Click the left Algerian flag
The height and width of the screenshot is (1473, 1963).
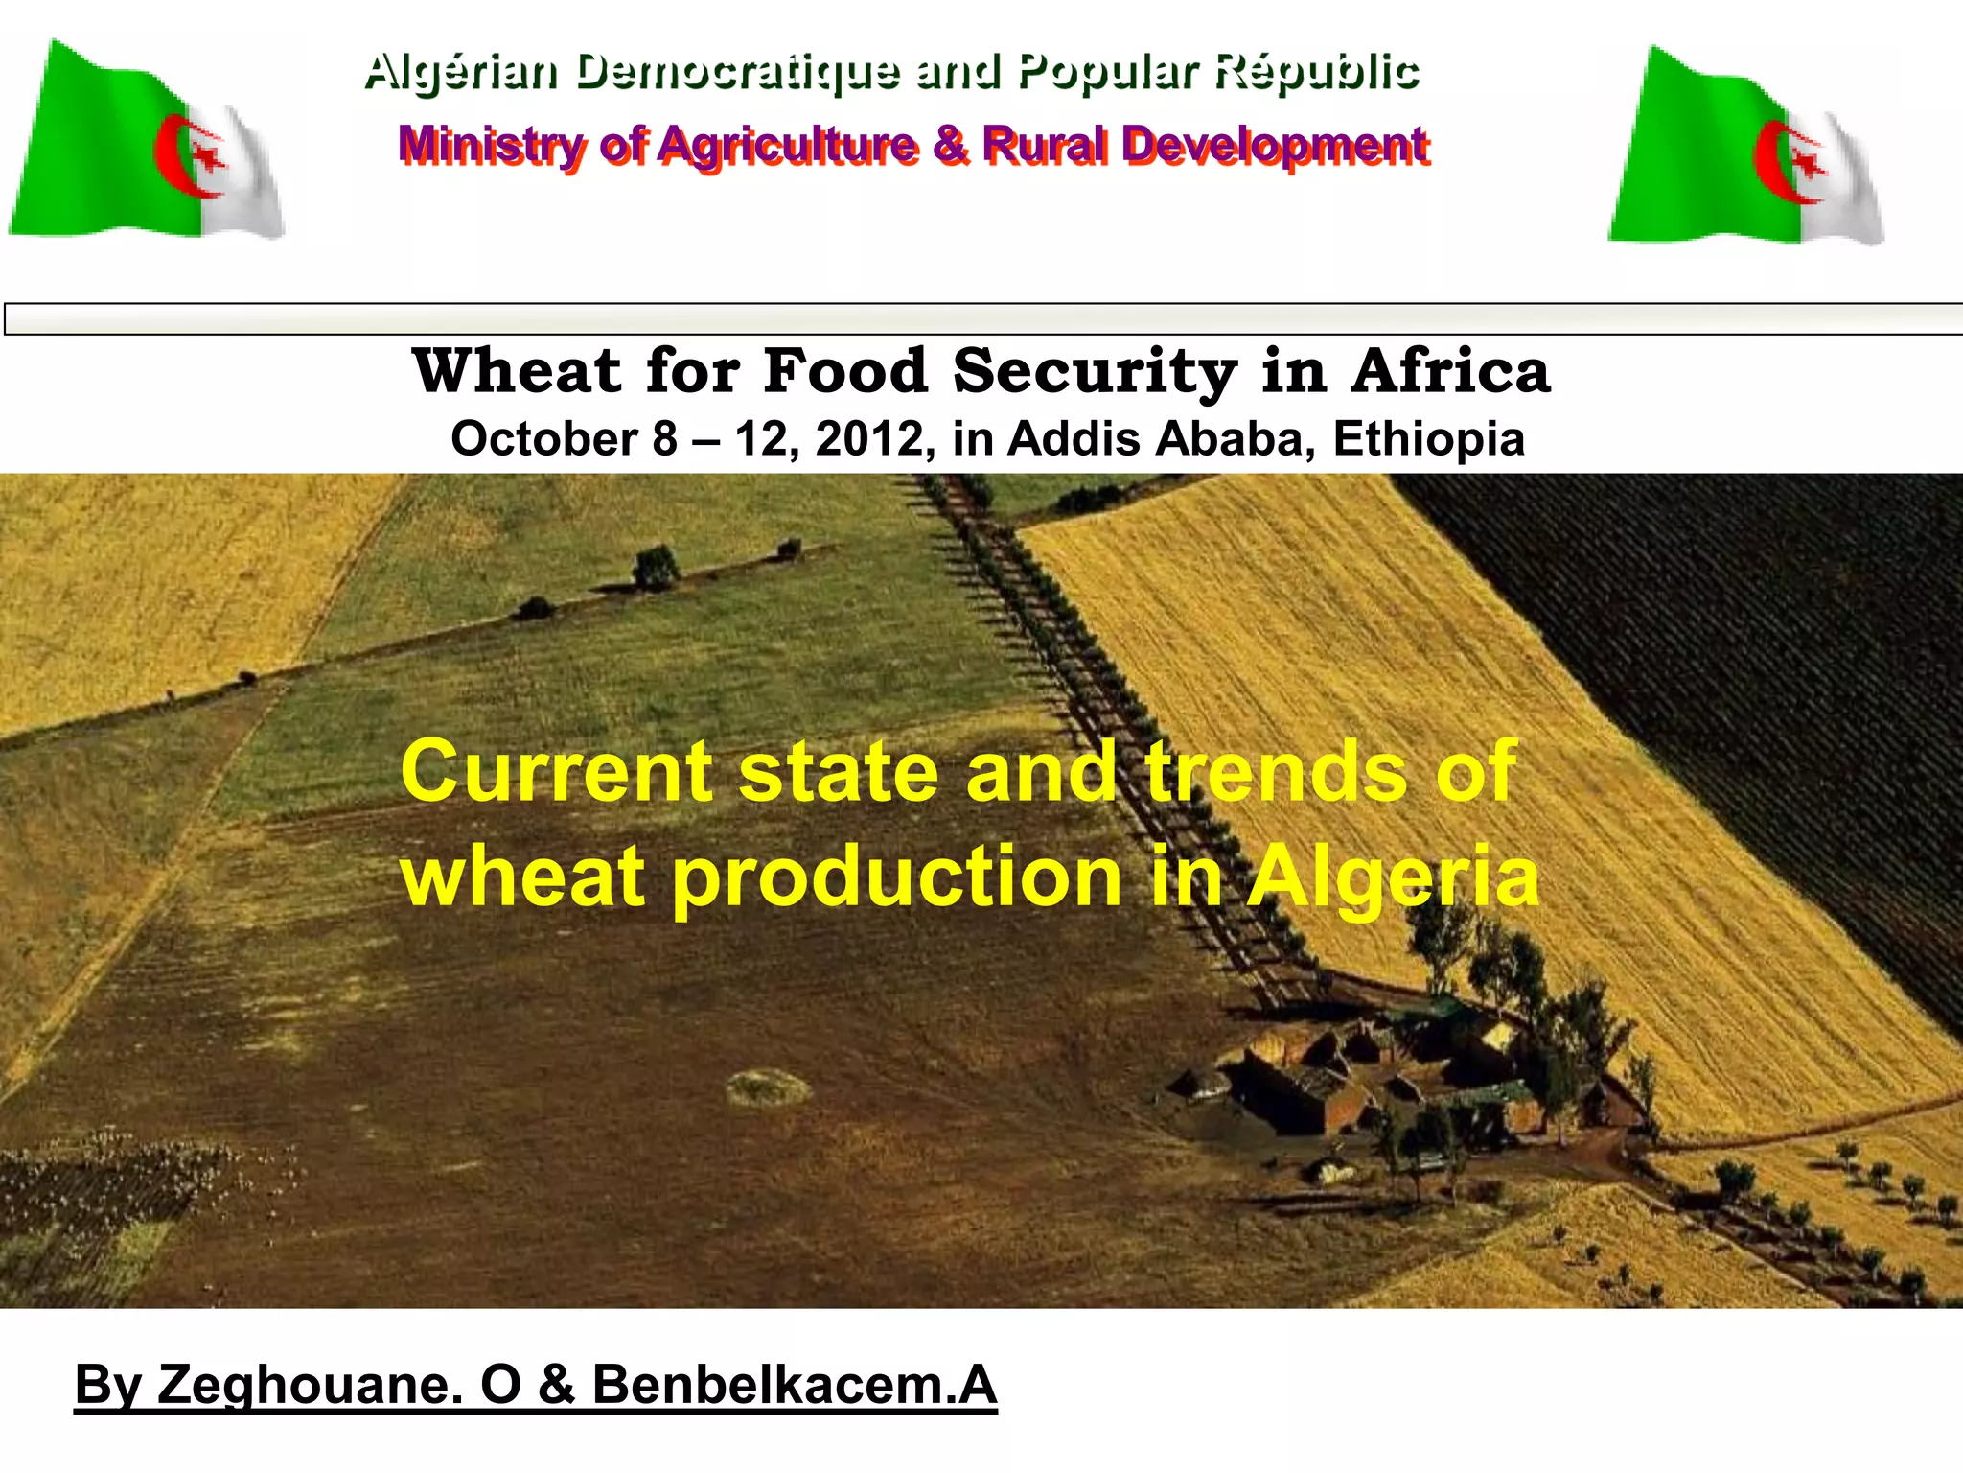[144, 144]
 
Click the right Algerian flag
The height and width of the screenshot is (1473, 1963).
[1744, 149]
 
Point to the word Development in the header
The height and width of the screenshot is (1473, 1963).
[1275, 147]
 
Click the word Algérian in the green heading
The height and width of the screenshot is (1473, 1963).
[460, 72]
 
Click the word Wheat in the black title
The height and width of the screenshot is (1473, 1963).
[517, 371]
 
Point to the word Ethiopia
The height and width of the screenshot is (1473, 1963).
[1428, 439]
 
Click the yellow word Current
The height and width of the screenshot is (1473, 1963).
[556, 772]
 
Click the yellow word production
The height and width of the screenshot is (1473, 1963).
[896, 878]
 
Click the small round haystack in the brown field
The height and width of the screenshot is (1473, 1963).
[768, 1088]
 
